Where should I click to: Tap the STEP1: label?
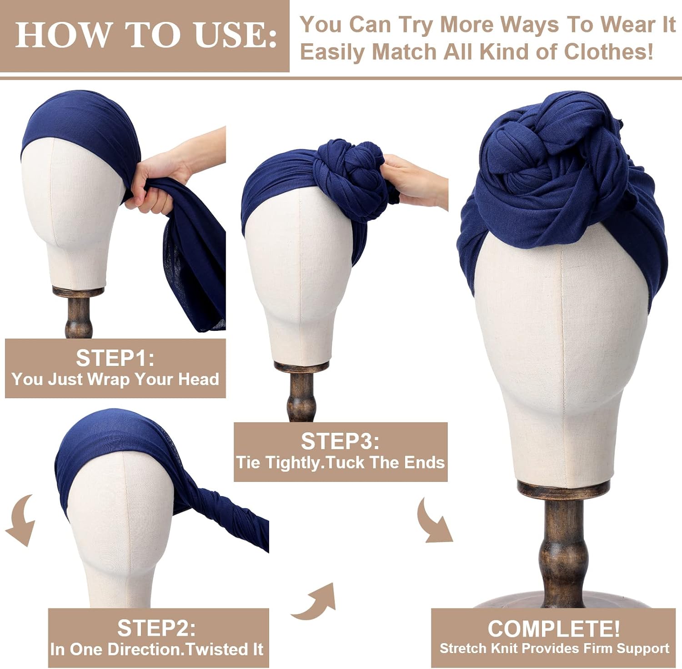(115, 358)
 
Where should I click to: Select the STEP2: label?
(156, 628)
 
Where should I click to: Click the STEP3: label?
(340, 441)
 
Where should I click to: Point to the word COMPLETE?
(554, 628)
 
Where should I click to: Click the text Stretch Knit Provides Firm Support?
(554, 648)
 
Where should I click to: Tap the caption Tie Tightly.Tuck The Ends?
(340, 462)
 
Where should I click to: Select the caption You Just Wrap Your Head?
(115, 379)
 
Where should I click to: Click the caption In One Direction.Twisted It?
(156, 649)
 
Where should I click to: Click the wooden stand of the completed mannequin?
(563, 546)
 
